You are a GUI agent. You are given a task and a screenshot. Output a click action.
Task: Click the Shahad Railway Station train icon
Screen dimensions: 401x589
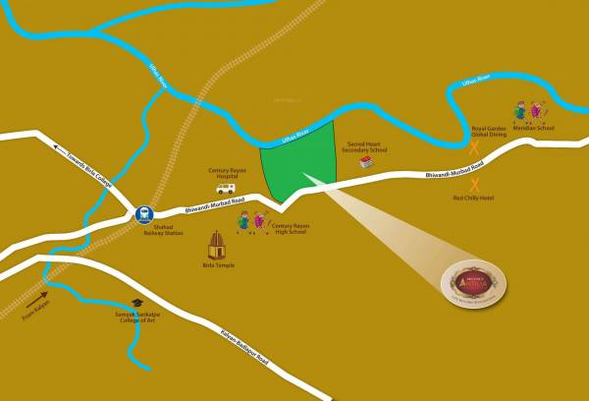[x=144, y=212]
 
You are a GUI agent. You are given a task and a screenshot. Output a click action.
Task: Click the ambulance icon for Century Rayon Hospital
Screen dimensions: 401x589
[x=226, y=187]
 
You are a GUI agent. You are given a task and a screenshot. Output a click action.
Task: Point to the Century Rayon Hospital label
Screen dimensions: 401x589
[x=225, y=173]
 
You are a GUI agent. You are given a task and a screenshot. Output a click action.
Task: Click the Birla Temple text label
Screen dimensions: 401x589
[x=218, y=265]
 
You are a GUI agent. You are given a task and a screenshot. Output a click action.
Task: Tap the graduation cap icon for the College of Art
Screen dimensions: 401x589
[x=137, y=303]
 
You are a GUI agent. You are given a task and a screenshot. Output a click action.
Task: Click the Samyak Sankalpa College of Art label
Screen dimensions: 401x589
[x=136, y=316]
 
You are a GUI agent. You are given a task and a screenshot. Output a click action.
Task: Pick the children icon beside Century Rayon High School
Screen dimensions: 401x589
[x=251, y=221]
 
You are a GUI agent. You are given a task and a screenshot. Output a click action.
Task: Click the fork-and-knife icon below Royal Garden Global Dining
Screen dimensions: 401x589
[x=474, y=147]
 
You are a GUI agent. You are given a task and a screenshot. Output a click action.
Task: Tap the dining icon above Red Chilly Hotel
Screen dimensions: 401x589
[x=475, y=184]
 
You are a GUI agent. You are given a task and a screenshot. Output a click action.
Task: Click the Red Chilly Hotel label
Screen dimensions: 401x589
[x=473, y=198]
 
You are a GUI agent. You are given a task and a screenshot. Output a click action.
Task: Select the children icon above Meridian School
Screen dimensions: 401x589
[x=527, y=111]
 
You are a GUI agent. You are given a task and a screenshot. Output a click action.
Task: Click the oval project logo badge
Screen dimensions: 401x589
[x=473, y=284]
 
